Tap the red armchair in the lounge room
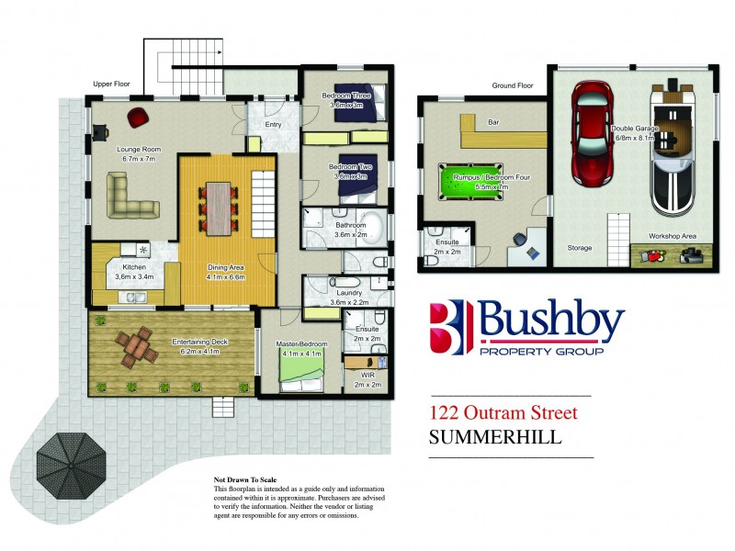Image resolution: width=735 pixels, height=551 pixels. coord(137,117)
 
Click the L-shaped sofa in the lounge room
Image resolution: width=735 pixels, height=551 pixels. coord(129,196)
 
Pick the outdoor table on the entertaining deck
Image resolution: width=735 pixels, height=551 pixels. coord(135,345)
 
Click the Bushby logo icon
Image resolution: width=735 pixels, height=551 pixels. coord(450,326)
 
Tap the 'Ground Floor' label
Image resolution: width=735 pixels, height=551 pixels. coord(513,85)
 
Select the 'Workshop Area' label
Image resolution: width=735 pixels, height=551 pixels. coord(672,236)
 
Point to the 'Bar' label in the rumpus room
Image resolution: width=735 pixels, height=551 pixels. coord(467,121)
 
